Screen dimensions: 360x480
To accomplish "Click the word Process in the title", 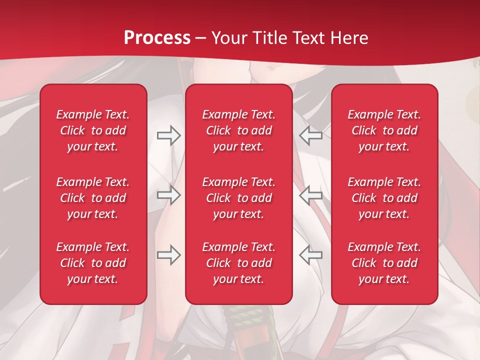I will pos(157,38).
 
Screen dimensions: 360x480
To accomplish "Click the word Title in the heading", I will pos(268,38).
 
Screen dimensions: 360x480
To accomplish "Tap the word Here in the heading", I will pos(349,38).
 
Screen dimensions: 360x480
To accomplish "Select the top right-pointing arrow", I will pos(169,135).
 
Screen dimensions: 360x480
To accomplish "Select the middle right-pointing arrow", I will pos(169,194).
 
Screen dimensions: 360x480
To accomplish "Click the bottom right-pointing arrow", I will pos(169,254).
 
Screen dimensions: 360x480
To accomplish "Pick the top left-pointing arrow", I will pos(310,135).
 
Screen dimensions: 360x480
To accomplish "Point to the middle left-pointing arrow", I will pos(310,194).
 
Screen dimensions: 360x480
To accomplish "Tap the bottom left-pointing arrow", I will pos(310,254).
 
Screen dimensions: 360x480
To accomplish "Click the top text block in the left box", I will pos(93,130).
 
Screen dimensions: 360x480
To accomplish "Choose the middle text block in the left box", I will pos(93,198).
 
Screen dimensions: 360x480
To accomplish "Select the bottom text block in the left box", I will pos(93,263).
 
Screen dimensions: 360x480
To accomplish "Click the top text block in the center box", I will pos(238,130).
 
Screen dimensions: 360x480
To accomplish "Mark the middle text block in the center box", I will pos(238,198).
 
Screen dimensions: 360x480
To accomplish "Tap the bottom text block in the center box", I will pos(238,263).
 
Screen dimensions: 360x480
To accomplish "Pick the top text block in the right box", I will pos(384,130).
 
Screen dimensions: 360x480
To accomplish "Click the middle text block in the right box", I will pos(384,198).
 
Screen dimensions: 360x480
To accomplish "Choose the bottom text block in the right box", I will pos(384,263).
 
